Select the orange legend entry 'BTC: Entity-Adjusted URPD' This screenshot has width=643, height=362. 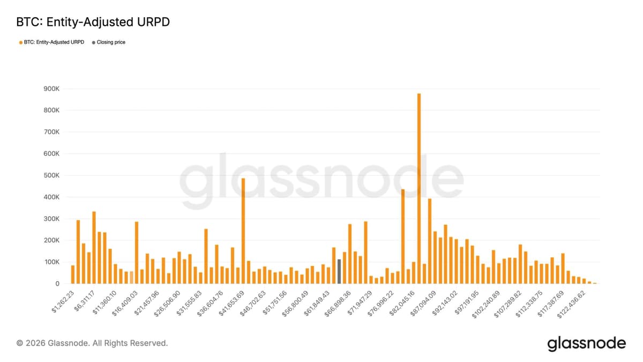click(51, 42)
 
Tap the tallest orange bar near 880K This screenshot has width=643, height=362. click(419, 188)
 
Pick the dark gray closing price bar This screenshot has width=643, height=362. click(339, 271)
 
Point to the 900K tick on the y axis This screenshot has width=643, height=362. click(53, 89)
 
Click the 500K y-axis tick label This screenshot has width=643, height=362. click(53, 175)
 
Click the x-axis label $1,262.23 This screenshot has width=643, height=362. click(63, 301)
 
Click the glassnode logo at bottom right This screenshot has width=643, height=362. click(586, 343)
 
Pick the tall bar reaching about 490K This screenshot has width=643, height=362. click(243, 231)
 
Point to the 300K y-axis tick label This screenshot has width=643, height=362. click(53, 219)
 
